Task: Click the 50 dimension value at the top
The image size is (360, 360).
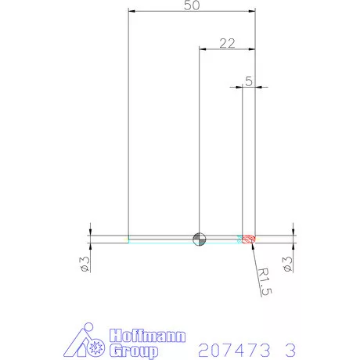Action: coord(190,6)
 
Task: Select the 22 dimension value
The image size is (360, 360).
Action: coord(227,43)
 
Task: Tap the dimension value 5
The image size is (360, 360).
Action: coord(248,80)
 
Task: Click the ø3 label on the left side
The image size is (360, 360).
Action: coord(85,264)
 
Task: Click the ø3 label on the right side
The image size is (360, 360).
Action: coord(288,264)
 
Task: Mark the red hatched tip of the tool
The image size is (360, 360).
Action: coord(250,238)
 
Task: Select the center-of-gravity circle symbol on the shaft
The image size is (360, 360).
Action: coord(200,238)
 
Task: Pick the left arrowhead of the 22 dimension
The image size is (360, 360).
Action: coord(203,49)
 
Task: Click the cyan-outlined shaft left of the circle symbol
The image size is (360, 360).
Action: coord(160,238)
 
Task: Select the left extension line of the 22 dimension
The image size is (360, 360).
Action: coord(200,141)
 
